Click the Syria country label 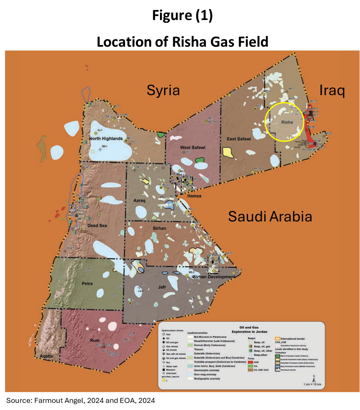[x=163, y=90]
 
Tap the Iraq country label [x=332, y=90]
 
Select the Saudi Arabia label [x=270, y=217]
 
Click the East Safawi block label [x=239, y=139]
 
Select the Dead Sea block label [x=97, y=226]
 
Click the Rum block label [x=95, y=340]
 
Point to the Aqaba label [x=47, y=357]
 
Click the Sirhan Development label [x=215, y=277]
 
